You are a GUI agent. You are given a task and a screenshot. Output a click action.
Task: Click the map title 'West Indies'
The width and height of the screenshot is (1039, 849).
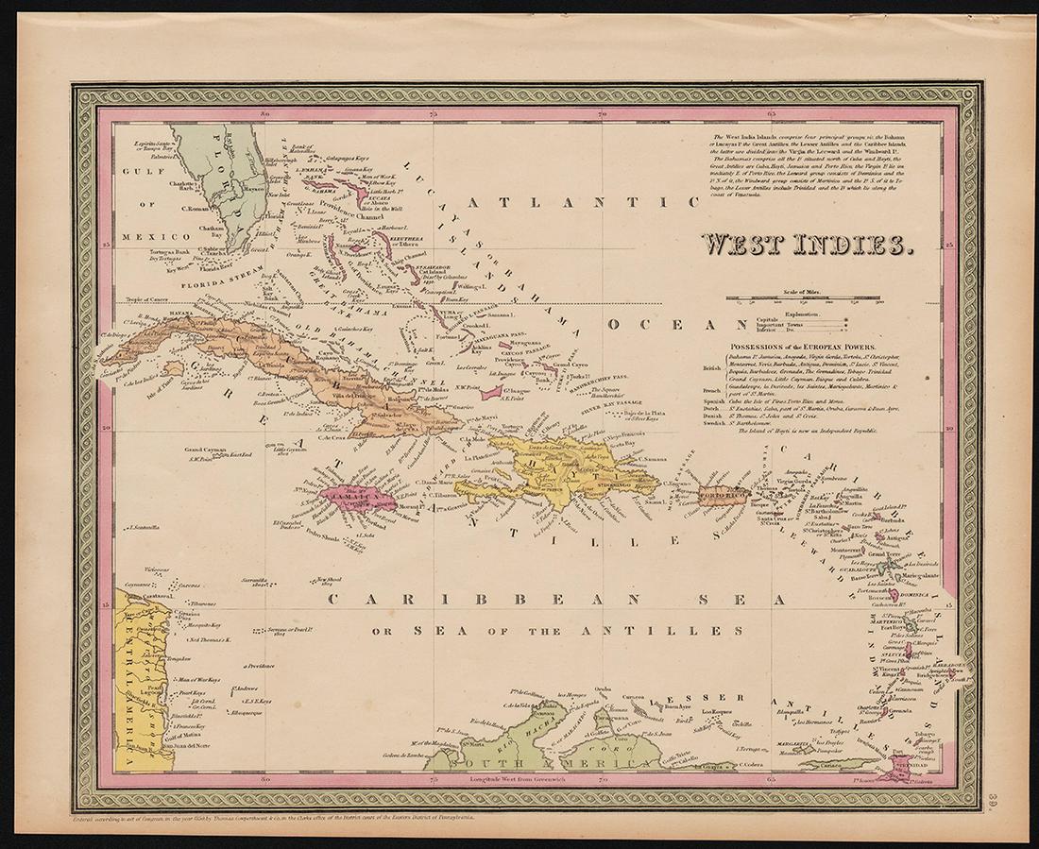(805, 244)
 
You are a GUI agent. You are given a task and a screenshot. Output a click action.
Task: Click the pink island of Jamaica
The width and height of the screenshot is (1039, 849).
(355, 495)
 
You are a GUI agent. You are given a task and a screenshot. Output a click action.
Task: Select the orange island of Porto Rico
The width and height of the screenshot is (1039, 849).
(723, 495)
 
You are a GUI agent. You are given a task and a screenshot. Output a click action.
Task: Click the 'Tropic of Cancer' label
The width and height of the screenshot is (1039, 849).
(139, 300)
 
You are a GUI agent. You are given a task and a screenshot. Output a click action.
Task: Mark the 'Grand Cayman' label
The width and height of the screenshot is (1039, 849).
(202, 449)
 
